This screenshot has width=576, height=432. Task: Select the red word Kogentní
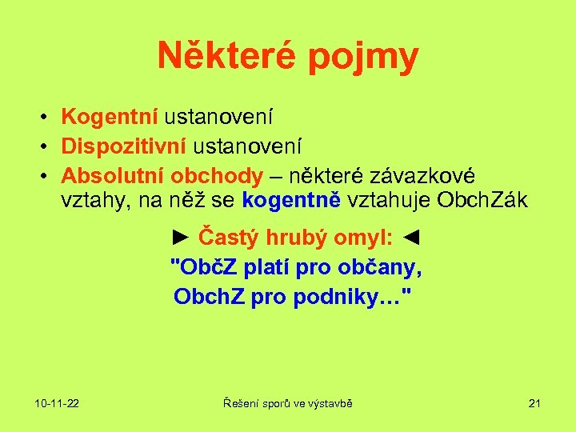point(110,118)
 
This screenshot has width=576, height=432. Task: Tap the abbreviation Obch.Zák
point(482,201)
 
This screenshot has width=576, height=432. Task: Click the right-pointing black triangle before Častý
point(181,237)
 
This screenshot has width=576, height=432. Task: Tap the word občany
point(381,267)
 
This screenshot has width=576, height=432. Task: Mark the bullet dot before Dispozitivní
point(46,147)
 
